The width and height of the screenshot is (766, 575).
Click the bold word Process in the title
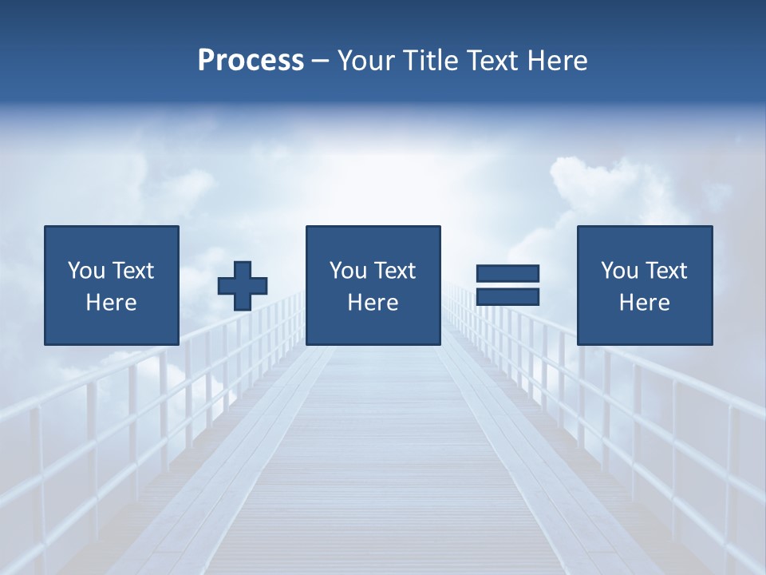[x=251, y=61]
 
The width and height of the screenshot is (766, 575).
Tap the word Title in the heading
[x=430, y=61]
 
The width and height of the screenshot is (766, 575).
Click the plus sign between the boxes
[x=243, y=286]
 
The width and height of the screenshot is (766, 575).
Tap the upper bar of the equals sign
[x=507, y=273]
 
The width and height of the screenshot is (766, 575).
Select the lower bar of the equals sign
[x=507, y=297]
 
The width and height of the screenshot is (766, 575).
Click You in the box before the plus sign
[x=85, y=271]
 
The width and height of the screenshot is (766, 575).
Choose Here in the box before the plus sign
[x=111, y=303]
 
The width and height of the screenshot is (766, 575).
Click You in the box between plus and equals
[x=347, y=271]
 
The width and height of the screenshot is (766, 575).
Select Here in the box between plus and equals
[x=373, y=303]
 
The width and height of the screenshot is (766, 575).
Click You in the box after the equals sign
[x=618, y=271]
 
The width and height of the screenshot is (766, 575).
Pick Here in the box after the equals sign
[x=644, y=303]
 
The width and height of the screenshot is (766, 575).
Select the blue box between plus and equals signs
[x=373, y=327]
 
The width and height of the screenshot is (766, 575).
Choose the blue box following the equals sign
[x=644, y=327]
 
